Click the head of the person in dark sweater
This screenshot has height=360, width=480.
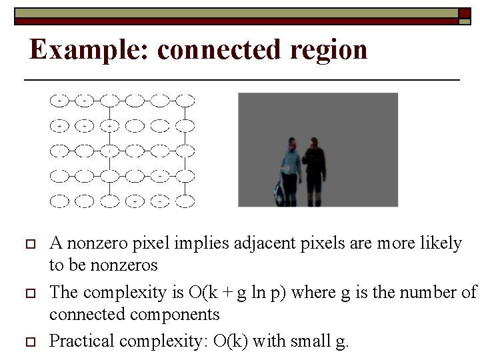[314, 143]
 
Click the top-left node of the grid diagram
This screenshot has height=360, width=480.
[60, 101]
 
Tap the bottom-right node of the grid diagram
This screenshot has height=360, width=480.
[185, 200]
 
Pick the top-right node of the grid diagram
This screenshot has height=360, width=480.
[185, 101]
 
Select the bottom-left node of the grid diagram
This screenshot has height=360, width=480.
[60, 200]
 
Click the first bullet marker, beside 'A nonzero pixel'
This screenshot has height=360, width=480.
[28, 243]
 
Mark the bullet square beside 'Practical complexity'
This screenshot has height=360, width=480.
[28, 342]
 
